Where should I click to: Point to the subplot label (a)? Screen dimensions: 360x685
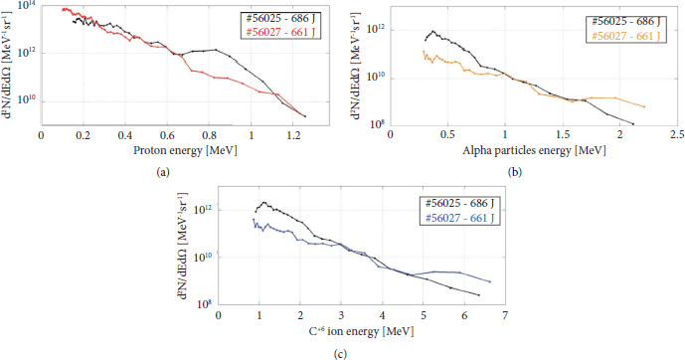(x=163, y=171)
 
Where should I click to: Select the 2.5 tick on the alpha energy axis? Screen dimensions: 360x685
(x=677, y=134)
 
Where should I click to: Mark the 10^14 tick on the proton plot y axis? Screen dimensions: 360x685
(x=26, y=7)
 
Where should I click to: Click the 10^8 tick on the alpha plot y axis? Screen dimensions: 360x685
(x=378, y=124)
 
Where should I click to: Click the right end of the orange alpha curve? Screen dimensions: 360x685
(x=645, y=107)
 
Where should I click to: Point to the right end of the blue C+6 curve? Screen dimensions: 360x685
(x=490, y=281)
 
